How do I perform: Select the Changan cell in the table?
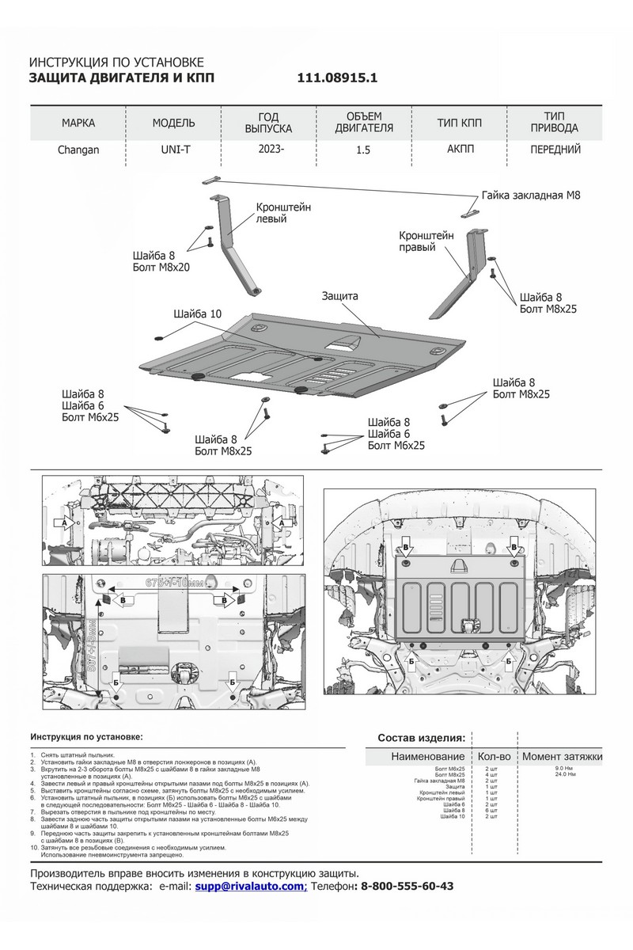(x=78, y=149)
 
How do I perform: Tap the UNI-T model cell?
(x=173, y=149)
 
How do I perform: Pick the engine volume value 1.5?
(x=363, y=149)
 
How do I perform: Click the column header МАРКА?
(x=78, y=123)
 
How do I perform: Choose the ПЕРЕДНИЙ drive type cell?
(x=554, y=149)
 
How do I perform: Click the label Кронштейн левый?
(x=283, y=212)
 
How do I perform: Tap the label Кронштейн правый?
(x=426, y=241)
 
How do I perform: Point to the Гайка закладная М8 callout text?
(x=532, y=195)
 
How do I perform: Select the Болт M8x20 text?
(x=162, y=268)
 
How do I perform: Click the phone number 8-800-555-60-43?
(x=407, y=887)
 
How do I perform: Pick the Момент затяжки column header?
(x=562, y=757)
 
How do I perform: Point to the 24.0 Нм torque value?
(x=565, y=774)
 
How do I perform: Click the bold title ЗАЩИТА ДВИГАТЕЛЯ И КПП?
(x=121, y=78)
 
